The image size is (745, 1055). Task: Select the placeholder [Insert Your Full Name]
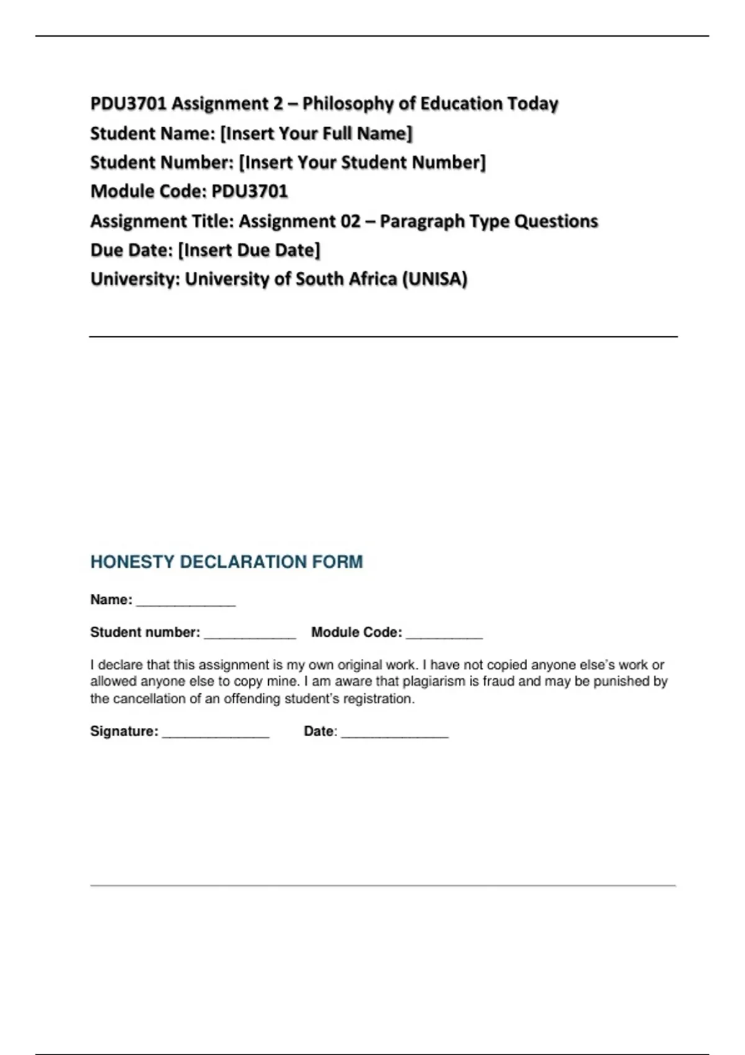coord(316,133)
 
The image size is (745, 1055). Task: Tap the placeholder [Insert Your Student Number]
coord(362,163)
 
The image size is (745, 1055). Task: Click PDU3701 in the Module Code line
coord(250,191)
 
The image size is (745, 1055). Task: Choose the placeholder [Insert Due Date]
coord(249,250)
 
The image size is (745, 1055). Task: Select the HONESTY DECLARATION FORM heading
coord(227,562)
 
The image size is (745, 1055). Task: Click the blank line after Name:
coord(186,602)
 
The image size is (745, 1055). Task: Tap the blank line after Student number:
coord(250,635)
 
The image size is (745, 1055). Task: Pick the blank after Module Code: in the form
coord(444,635)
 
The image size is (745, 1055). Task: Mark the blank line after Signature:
coord(215,734)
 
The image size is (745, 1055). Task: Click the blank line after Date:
coord(394,734)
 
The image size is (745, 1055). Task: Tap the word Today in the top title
coord(533,104)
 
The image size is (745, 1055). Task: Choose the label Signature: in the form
coord(124,731)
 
